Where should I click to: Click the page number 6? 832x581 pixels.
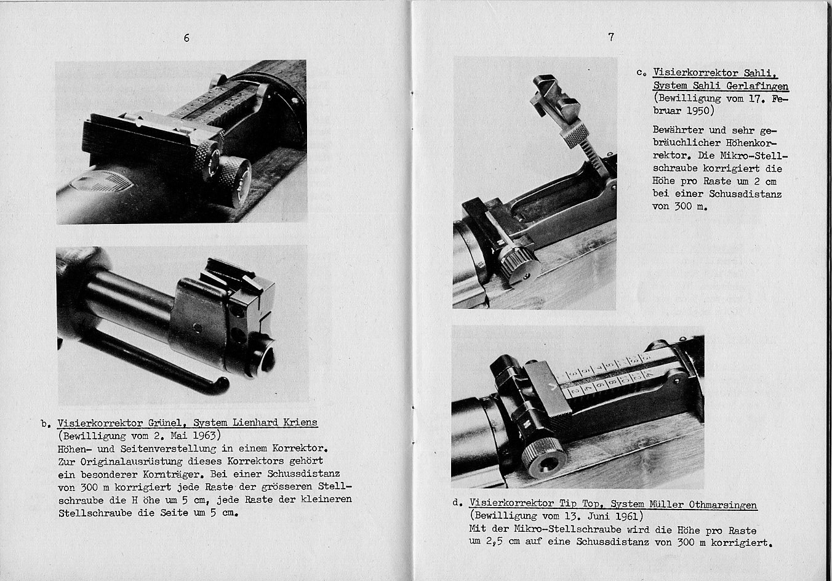pyautogui.click(x=186, y=38)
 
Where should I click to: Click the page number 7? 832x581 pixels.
pyautogui.click(x=611, y=37)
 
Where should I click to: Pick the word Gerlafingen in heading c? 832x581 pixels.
pyautogui.click(x=757, y=86)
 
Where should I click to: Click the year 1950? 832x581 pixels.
pyautogui.click(x=699, y=111)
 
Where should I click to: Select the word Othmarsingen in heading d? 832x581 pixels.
pyautogui.click(x=723, y=505)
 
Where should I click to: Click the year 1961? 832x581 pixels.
pyautogui.click(x=628, y=516)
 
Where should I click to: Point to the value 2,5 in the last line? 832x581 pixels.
pyautogui.click(x=494, y=542)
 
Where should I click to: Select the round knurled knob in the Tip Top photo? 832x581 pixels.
pyautogui.click(x=544, y=457)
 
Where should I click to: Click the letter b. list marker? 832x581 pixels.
pyautogui.click(x=46, y=424)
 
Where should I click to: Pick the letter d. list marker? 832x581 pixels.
pyautogui.click(x=457, y=503)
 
